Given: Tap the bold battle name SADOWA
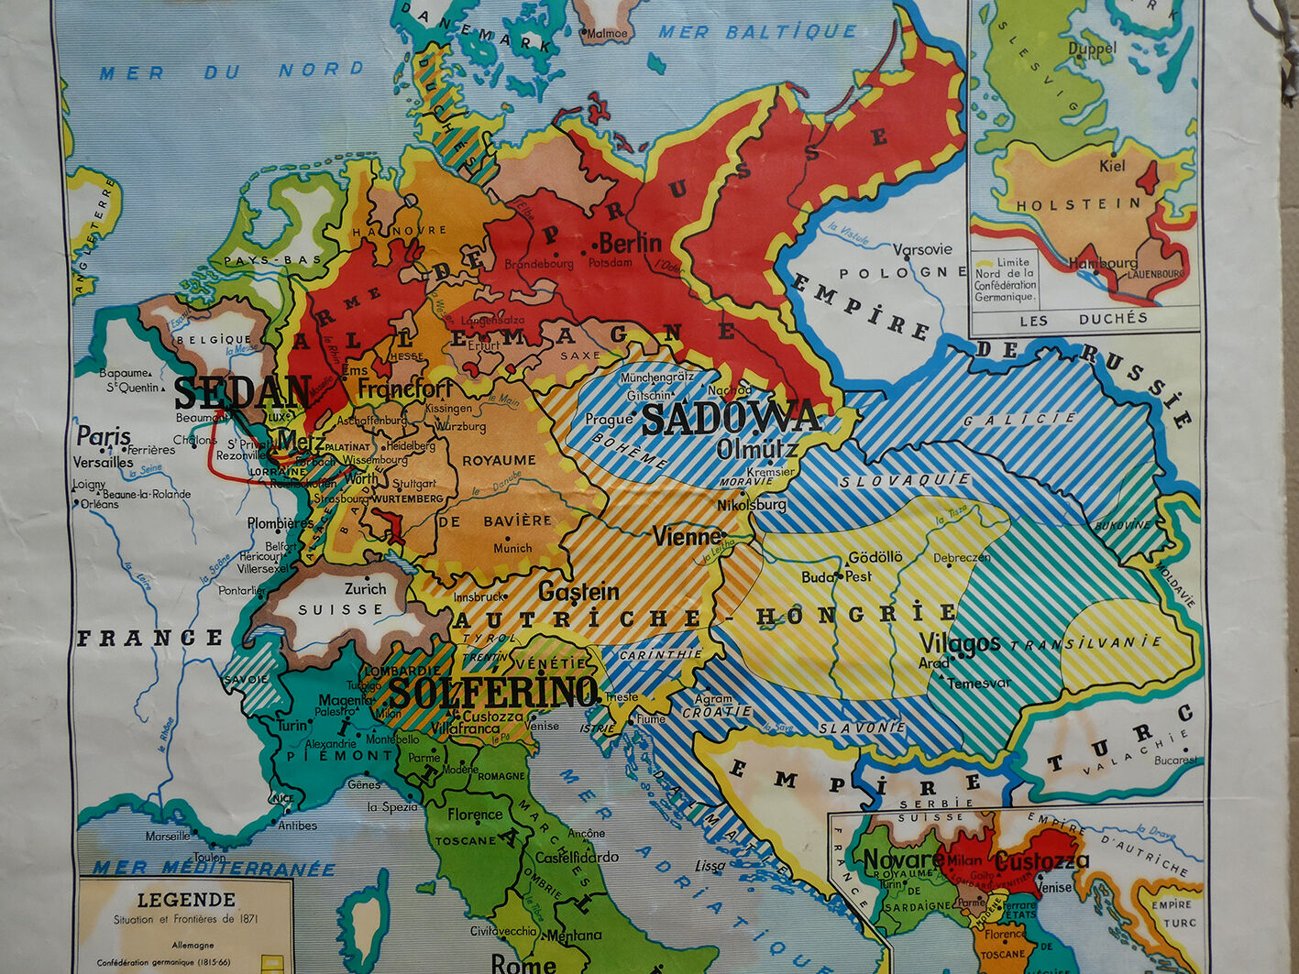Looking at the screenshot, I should (730, 419).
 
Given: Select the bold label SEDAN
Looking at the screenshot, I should (242, 393).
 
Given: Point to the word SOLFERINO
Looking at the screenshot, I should (493, 693).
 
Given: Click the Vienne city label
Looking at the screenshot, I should (686, 536).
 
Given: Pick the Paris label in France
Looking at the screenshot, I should (103, 436).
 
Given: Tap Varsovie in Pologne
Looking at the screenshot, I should (922, 249).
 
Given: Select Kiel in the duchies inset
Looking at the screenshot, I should (1112, 167).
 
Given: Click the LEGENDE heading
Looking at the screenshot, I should (186, 900).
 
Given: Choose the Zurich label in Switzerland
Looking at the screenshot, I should (365, 589).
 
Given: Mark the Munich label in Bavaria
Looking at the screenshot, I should (512, 548).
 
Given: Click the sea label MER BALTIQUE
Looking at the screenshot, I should (757, 32).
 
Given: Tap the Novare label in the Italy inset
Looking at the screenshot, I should (904, 859).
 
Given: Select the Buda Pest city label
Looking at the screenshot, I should (836, 576).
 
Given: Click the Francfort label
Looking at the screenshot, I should (405, 389).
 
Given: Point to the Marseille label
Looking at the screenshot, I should (168, 836).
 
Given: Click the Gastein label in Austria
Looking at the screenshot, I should (578, 592).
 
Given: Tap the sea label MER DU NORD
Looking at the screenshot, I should (231, 71).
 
